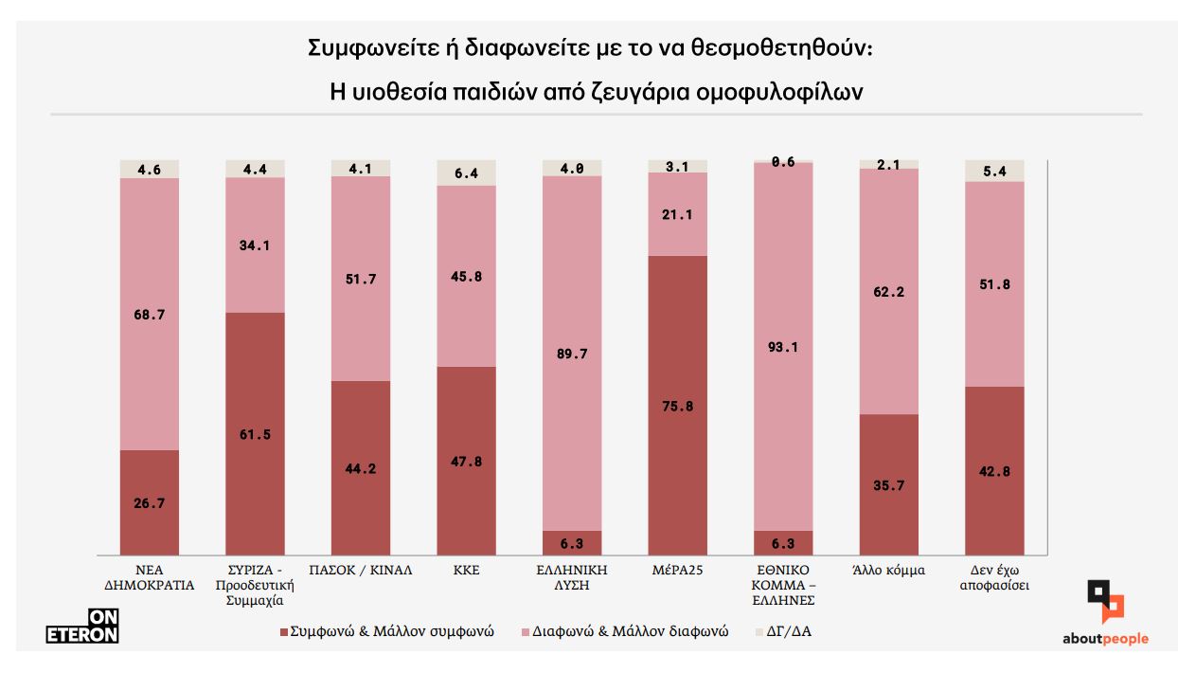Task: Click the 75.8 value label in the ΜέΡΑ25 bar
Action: click(677, 407)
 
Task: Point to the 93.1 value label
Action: click(783, 347)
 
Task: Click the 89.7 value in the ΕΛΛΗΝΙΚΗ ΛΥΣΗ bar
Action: click(572, 354)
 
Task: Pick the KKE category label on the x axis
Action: click(466, 571)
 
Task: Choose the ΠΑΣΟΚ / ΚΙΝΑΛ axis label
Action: click(361, 571)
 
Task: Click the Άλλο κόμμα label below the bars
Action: click(888, 571)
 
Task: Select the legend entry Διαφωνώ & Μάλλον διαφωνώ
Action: click(624, 630)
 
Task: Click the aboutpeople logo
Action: click(1105, 616)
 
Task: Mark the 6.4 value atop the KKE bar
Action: click(466, 173)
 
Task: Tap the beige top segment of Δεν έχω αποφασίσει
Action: click(993, 170)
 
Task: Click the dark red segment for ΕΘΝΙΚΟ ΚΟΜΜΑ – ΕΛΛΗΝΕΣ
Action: click(783, 543)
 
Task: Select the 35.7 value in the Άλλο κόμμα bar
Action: click(888, 484)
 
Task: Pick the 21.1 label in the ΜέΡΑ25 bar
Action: click(677, 215)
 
